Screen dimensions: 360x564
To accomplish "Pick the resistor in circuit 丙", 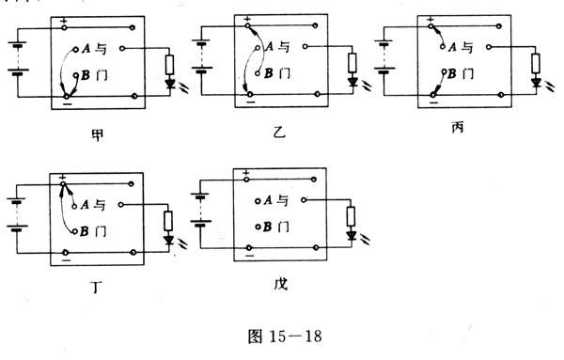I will pos(536,62).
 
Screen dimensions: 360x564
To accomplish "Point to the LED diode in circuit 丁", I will pos(169,240).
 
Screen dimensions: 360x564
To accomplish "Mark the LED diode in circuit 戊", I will pos(351,236).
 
